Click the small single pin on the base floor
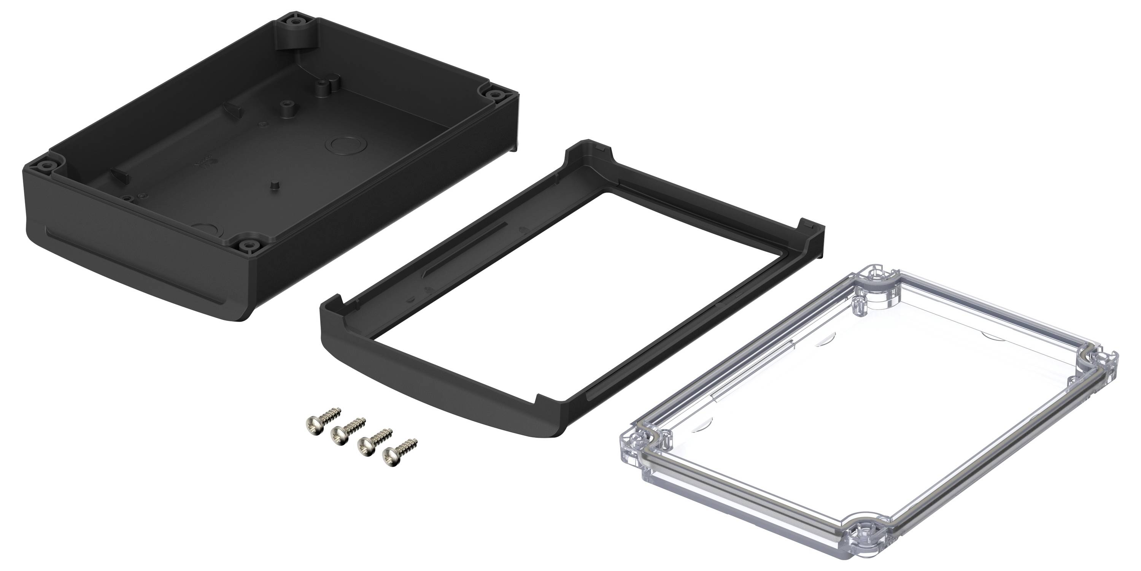tap(275, 185)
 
